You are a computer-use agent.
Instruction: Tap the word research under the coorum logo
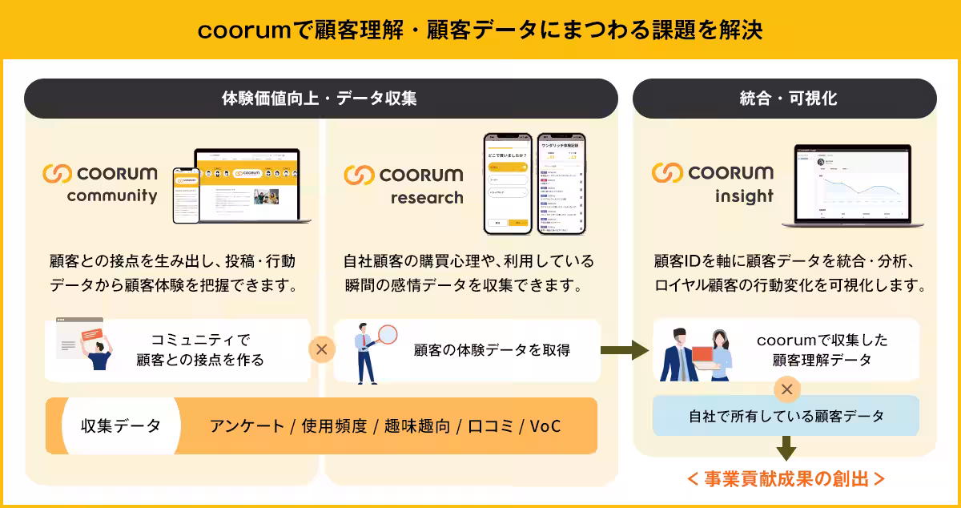pos(427,197)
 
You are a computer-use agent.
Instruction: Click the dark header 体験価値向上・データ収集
pos(320,99)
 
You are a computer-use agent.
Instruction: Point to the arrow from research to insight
pos(625,349)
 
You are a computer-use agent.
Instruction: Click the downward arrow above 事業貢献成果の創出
pos(786,448)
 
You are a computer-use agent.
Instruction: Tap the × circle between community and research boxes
pos(322,349)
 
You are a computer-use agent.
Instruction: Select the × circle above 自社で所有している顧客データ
pos(786,390)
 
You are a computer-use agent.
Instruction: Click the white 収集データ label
pos(121,425)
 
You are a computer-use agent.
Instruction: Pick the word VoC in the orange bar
pos(545,426)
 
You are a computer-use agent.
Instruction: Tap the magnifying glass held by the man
pos(388,335)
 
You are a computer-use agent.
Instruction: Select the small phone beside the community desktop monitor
pos(186,194)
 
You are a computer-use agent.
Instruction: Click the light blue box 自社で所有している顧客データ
pos(786,417)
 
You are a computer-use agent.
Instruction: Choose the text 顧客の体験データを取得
pos(493,350)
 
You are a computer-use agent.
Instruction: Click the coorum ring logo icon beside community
pos(58,173)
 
